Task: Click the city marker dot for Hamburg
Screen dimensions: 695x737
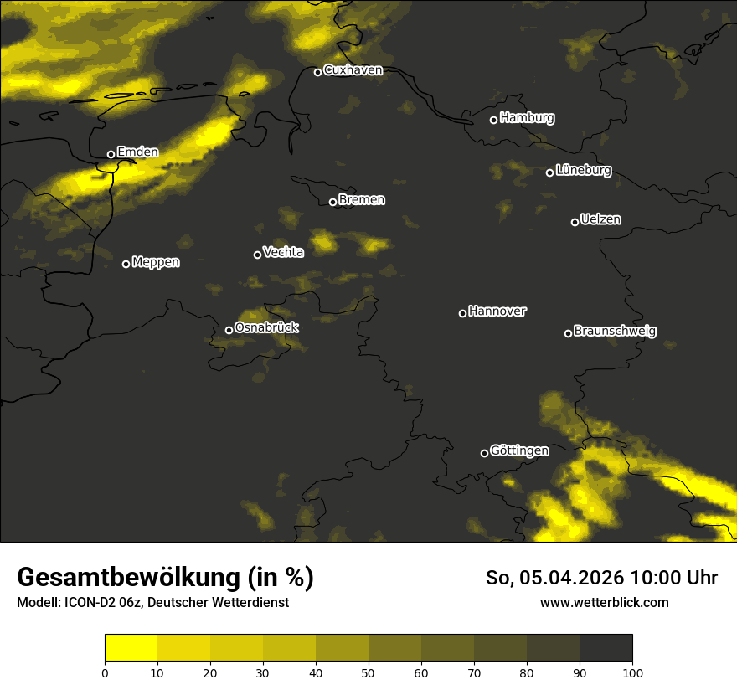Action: pos(493,120)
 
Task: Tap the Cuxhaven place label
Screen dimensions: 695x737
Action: pos(353,70)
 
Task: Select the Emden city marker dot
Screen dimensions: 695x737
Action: pos(111,154)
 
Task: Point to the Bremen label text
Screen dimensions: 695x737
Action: pos(362,200)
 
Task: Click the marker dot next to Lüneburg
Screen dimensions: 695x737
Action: pos(549,172)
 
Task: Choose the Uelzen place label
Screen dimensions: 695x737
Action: pos(600,219)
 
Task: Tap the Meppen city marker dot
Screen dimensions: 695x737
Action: pos(126,264)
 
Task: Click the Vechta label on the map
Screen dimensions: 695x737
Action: pos(283,252)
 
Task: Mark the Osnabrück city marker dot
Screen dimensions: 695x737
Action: pos(229,330)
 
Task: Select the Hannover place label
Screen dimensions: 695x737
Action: pos(497,311)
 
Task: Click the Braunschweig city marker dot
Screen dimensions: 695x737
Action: pos(568,333)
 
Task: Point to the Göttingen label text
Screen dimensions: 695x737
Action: pos(519,450)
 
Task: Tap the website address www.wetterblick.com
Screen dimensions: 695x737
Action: pos(605,602)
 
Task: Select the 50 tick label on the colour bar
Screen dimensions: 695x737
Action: pos(368,672)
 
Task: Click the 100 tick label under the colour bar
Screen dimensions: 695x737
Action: pos(632,672)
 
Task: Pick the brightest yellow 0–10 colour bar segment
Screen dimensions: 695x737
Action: pos(131,648)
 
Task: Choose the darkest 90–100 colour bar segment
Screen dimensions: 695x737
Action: pos(606,648)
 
